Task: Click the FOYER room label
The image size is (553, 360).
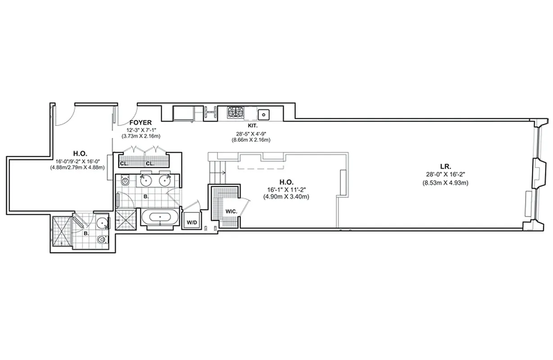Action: coord(140,122)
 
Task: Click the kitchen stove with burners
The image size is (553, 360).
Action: coord(235,112)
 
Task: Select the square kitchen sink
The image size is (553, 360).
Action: coord(263,113)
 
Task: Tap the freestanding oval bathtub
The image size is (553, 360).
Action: coord(160,218)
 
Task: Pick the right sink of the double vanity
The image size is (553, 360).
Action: coord(164,180)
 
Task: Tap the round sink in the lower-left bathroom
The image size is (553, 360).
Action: coord(103,223)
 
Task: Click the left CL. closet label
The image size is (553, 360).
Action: coord(123,163)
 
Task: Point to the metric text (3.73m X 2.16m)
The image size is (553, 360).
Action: coord(141,136)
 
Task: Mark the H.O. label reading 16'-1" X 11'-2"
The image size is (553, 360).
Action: coord(286,182)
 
